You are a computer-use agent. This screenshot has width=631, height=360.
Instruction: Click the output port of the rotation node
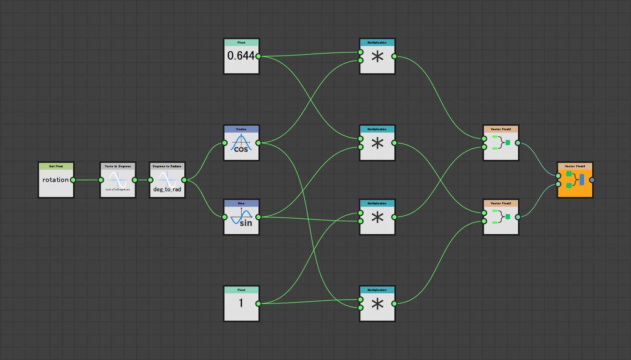[x=73, y=180]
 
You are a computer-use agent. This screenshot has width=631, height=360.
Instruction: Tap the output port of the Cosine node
[x=258, y=143]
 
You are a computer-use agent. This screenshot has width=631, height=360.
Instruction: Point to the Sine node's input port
[x=225, y=217]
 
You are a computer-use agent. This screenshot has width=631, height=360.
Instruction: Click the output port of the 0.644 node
[x=258, y=56]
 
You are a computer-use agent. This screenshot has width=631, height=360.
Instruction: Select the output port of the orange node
[x=592, y=180]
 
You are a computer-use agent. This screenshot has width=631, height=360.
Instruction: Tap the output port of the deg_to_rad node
[x=184, y=180]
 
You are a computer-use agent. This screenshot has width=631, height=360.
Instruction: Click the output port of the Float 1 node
[x=258, y=303]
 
